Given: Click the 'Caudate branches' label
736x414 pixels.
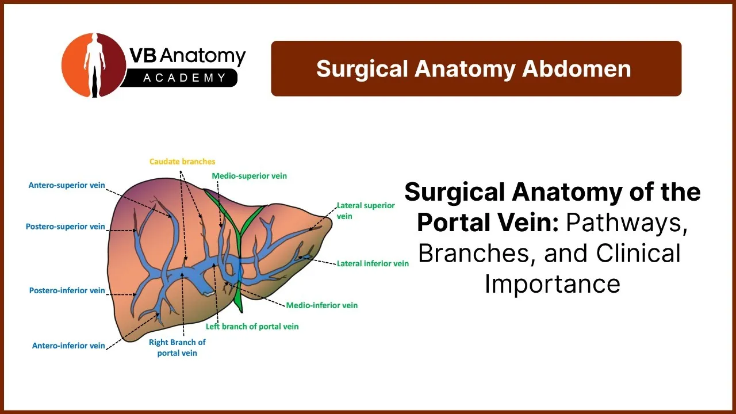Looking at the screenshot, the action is pos(182,162).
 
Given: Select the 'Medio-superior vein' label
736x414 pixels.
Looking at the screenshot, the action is pos(249,176).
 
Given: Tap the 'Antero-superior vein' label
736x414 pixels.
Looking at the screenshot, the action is pos(67,185).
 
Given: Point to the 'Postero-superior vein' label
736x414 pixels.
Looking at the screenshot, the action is pos(66,227).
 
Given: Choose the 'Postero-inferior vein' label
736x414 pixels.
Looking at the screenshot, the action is pos(67,290).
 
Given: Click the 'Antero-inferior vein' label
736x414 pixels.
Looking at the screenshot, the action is pos(68,346).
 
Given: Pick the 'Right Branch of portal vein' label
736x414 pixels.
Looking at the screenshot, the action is pos(177,348).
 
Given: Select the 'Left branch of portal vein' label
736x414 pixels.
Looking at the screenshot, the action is pos(252,327).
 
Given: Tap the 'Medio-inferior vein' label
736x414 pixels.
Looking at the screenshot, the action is pos(321,305).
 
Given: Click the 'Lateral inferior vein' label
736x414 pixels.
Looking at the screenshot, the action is pos(373,263).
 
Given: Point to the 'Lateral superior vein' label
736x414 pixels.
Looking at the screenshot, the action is pos(366,210).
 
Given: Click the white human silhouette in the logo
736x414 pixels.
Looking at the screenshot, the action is pos(95,65).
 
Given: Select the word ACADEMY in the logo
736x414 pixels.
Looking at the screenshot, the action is pos(185,78).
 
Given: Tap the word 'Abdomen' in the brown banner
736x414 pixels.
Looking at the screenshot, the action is pos(577,69).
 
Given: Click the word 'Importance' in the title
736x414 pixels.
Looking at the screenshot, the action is pos(553,283).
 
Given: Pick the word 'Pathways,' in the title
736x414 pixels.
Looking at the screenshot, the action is pos(627,223).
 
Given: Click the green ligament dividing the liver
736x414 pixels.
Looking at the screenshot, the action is pos(240,250).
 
